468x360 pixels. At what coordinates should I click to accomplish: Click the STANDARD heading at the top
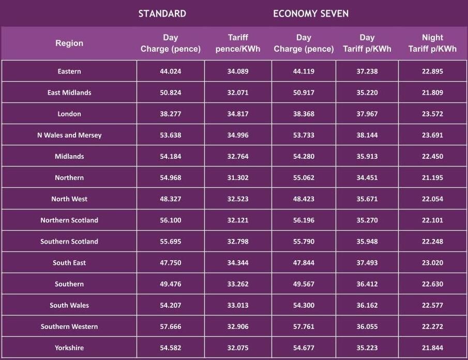[162, 13]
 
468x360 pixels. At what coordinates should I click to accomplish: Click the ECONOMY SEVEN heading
[311, 13]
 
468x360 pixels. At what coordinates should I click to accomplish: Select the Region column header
[69, 43]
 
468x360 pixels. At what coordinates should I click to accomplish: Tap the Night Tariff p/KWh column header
[432, 43]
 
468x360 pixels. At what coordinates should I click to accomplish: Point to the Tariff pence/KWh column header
[238, 43]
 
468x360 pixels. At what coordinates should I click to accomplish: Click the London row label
[69, 114]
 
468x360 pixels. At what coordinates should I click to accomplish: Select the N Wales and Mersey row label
[69, 135]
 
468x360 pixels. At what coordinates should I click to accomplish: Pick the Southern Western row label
[69, 326]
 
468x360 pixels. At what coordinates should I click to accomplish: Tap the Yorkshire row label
[69, 348]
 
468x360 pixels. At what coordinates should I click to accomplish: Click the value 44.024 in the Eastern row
[171, 71]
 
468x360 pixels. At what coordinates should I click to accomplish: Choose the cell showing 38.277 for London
[171, 114]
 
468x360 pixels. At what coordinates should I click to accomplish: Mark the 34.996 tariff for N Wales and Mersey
[238, 135]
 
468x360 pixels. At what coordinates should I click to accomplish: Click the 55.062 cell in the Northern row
[304, 177]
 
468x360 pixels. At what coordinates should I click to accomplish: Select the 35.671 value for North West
[367, 199]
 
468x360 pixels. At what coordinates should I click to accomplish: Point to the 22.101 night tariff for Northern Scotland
[432, 220]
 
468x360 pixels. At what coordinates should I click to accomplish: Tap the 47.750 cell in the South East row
[171, 263]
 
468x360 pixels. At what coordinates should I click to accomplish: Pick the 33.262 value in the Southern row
[238, 284]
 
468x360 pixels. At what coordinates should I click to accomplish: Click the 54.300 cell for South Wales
[304, 305]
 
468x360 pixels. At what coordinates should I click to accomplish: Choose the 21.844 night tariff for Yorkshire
[432, 348]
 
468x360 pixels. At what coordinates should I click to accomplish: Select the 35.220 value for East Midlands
[367, 93]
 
